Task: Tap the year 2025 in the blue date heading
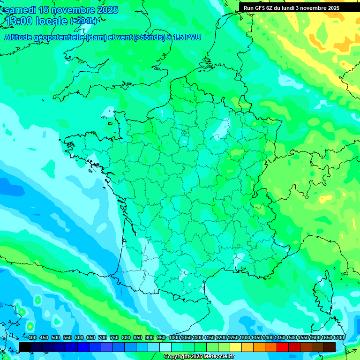pos(104,10)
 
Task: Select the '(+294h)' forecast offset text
pos(83,21)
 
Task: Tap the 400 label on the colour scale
pos(32,337)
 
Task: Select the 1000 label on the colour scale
pos(174,337)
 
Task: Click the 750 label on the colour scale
pos(114,337)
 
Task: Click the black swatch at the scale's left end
pos(25,346)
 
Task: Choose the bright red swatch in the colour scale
pos(283,346)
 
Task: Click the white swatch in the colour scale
pos(165,346)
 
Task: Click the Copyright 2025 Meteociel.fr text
pos(199,356)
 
